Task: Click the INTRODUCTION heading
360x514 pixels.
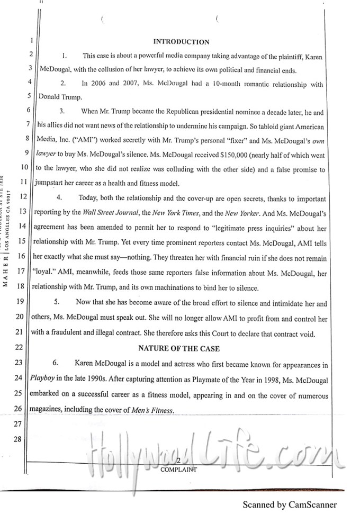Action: coord(181,42)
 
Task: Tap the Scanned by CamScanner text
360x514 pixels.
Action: coord(290,505)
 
